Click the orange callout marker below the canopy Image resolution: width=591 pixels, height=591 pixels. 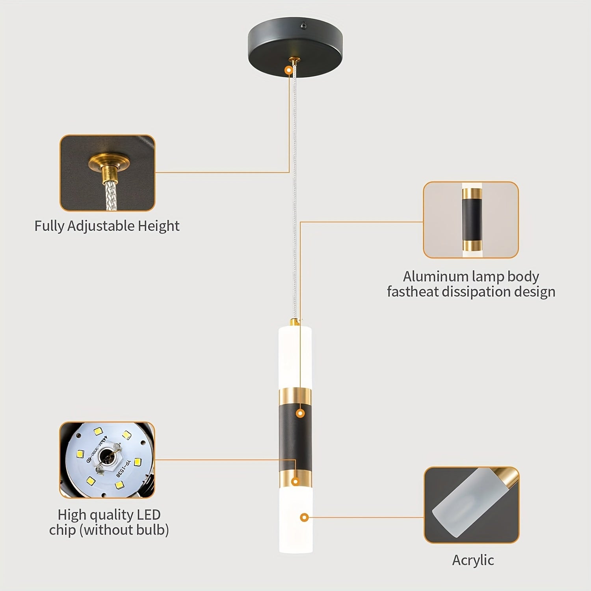pyautogui.click(x=289, y=70)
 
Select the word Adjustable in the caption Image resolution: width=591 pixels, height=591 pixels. pyautogui.click(x=101, y=226)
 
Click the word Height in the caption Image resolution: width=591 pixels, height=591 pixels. pyautogui.click(x=159, y=226)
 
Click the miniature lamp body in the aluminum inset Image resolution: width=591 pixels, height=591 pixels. pyautogui.click(x=472, y=221)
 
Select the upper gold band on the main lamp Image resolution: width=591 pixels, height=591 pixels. pyautogui.click(x=295, y=397)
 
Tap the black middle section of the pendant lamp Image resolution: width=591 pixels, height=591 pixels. pyautogui.click(x=295, y=437)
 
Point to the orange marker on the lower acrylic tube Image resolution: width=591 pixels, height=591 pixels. pyautogui.click(x=304, y=517)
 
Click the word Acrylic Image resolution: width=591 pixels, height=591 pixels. pyautogui.click(x=473, y=560)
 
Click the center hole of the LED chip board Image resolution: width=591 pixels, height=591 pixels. pyautogui.click(x=106, y=457)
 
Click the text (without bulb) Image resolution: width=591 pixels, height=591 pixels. pyautogui.click(x=124, y=530)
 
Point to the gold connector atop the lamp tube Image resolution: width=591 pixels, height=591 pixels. pyautogui.click(x=294, y=322)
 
